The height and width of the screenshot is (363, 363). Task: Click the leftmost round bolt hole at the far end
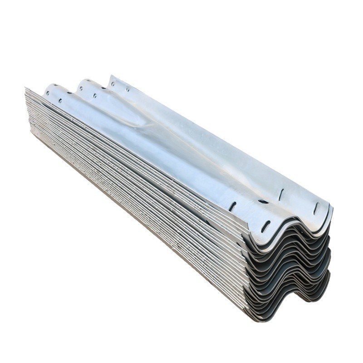point(47,93)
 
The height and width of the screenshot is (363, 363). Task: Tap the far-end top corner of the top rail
point(110,76)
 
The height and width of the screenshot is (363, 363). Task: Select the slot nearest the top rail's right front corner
point(316,208)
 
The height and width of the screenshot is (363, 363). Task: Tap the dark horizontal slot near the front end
point(263,201)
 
